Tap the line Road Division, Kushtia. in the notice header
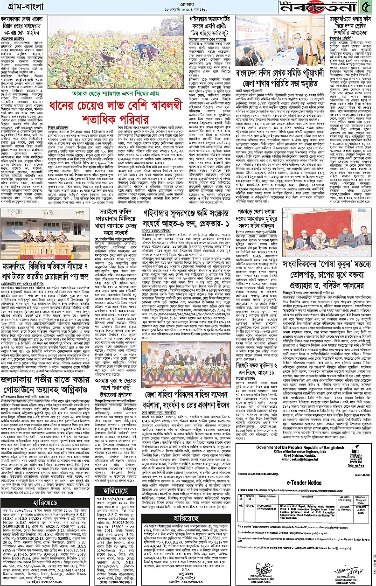(x=293, y=444)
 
